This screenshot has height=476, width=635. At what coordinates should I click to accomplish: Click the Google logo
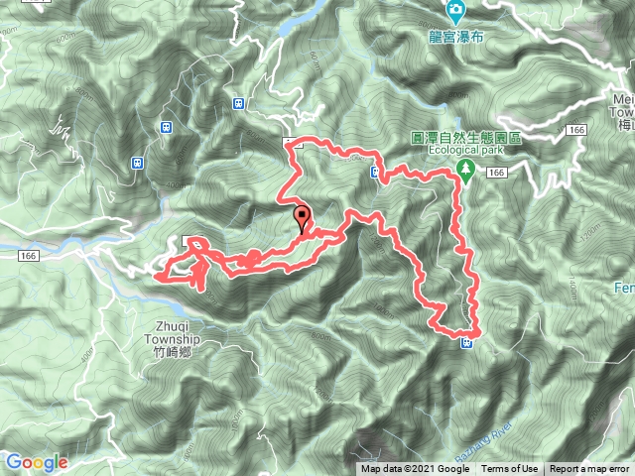point(37,462)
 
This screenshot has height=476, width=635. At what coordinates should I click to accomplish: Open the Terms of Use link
point(510,469)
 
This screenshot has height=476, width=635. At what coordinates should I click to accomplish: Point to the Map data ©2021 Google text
point(415,469)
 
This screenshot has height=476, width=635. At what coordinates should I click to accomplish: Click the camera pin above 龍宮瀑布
point(456,12)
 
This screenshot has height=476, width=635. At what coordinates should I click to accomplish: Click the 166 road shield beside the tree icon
point(497,173)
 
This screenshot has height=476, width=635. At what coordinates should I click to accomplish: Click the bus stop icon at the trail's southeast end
point(466,343)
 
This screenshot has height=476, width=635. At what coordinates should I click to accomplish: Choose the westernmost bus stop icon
point(137,163)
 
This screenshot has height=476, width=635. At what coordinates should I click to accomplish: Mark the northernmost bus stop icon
point(239,102)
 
